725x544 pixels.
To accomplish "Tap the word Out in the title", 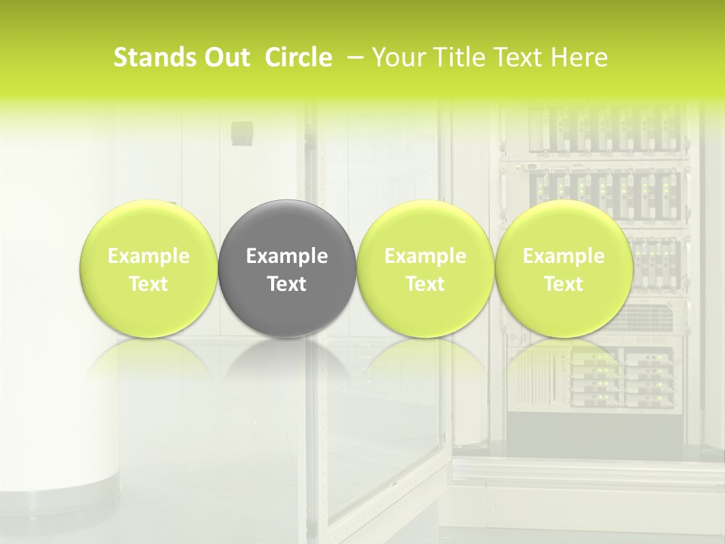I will [x=225, y=57].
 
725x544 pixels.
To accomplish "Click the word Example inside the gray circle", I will [x=287, y=256].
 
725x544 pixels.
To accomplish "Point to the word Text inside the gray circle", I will [x=287, y=284].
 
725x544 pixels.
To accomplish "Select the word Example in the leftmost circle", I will [x=149, y=256].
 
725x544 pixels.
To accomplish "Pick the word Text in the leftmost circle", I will [x=149, y=284].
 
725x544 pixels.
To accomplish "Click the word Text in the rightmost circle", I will [x=563, y=284].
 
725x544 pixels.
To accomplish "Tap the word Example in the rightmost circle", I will [x=563, y=256].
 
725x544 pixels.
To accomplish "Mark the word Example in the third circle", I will [x=425, y=256].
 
